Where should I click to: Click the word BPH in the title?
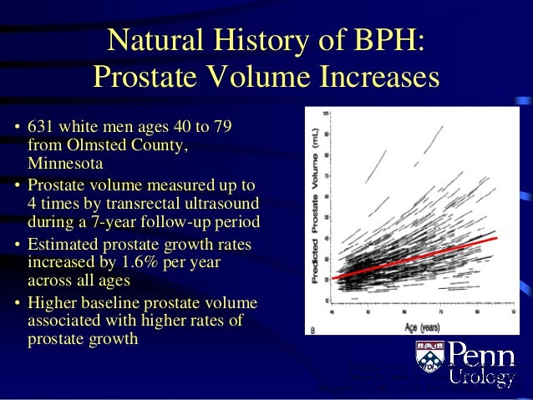(385, 41)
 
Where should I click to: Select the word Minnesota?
(66, 163)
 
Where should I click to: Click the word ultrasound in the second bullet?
(219, 204)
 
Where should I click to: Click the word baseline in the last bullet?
(109, 303)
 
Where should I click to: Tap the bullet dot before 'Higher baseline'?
(18, 304)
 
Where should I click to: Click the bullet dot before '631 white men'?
(18, 129)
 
